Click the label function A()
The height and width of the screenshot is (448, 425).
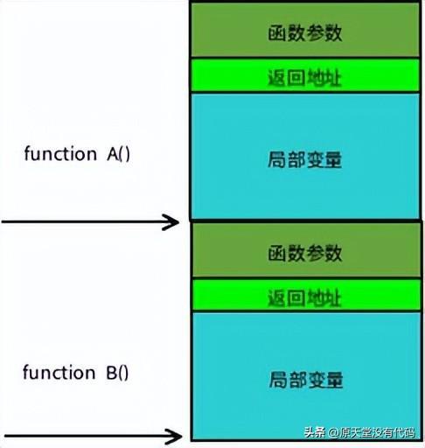[77, 154]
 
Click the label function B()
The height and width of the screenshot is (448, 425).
[76, 373]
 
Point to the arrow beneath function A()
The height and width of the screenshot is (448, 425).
[90, 222]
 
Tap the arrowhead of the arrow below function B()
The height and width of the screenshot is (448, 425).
[173, 437]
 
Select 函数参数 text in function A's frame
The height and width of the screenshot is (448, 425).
[305, 32]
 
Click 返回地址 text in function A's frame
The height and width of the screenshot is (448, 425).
[304, 78]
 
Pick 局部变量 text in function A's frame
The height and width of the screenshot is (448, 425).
[304, 159]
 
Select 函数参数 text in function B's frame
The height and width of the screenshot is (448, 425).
[305, 253]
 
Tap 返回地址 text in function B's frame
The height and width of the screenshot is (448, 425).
[304, 297]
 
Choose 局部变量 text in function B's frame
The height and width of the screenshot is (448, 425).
[306, 380]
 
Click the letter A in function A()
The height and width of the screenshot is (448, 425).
[113, 154]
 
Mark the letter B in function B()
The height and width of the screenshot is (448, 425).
[112, 373]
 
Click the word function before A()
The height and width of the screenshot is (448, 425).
[60, 153]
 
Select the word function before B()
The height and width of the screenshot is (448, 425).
[59, 372]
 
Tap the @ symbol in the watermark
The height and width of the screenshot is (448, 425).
[333, 432]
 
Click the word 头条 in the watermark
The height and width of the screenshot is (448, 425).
[315, 432]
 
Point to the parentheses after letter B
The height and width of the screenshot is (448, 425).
[123, 374]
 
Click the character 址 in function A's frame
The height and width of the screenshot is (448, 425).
[332, 78]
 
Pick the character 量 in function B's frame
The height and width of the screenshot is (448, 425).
[334, 380]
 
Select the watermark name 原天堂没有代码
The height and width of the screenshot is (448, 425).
[377, 432]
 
